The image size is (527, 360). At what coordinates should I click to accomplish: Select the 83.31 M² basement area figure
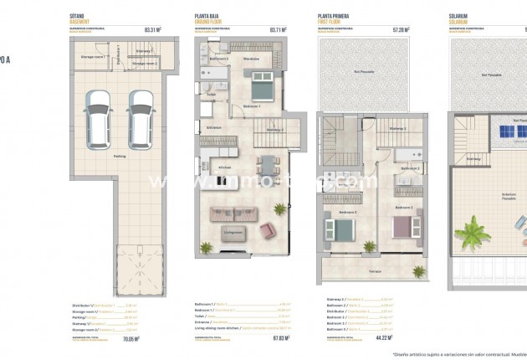152,29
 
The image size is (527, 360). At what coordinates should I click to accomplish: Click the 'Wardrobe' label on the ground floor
250,59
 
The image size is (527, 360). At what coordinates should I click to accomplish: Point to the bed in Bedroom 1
259,85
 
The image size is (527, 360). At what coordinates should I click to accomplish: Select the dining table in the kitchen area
266,165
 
